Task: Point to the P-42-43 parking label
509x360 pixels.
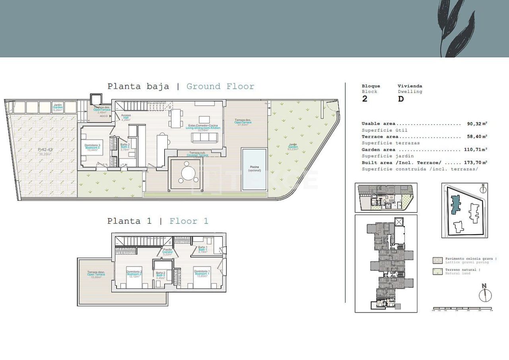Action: point(45,150)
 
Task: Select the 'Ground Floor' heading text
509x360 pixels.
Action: point(220,86)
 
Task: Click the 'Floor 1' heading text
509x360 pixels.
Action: point(189,221)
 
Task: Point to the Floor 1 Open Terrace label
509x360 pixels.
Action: point(96,274)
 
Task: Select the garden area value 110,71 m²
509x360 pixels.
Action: point(476,150)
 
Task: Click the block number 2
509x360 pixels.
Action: point(365,99)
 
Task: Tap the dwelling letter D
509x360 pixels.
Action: point(400,99)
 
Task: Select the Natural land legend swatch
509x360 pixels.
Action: point(437,272)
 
